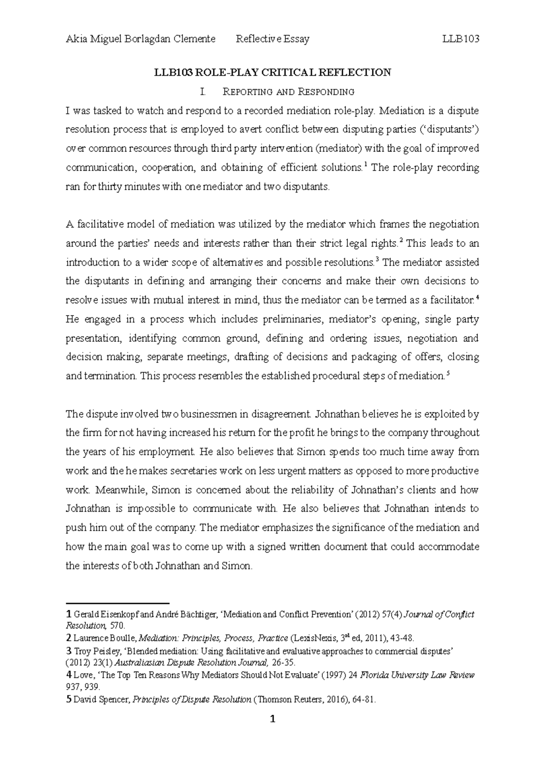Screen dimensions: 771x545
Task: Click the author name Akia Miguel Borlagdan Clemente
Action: (140, 39)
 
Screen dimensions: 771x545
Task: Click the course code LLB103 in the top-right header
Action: (461, 39)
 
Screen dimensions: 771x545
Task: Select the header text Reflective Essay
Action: (272, 39)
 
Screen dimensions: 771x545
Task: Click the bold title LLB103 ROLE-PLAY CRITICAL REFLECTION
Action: (272, 73)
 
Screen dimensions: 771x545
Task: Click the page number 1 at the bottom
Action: (272, 731)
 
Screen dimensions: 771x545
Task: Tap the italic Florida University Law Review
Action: (417, 675)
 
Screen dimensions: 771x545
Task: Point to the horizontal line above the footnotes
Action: (118, 603)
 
